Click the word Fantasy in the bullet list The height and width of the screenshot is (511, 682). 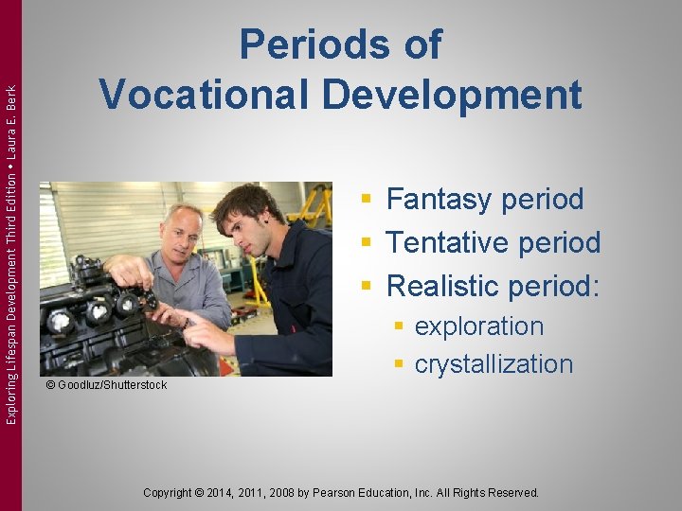click(x=440, y=200)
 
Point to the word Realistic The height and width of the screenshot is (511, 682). click(x=443, y=285)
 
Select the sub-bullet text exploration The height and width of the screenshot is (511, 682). click(x=478, y=326)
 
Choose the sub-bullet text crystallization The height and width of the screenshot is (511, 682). click(x=494, y=364)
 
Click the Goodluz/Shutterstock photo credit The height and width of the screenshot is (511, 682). click(x=106, y=385)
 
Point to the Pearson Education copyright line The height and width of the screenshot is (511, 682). click(x=340, y=493)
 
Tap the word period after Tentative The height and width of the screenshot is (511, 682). click(x=557, y=243)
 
